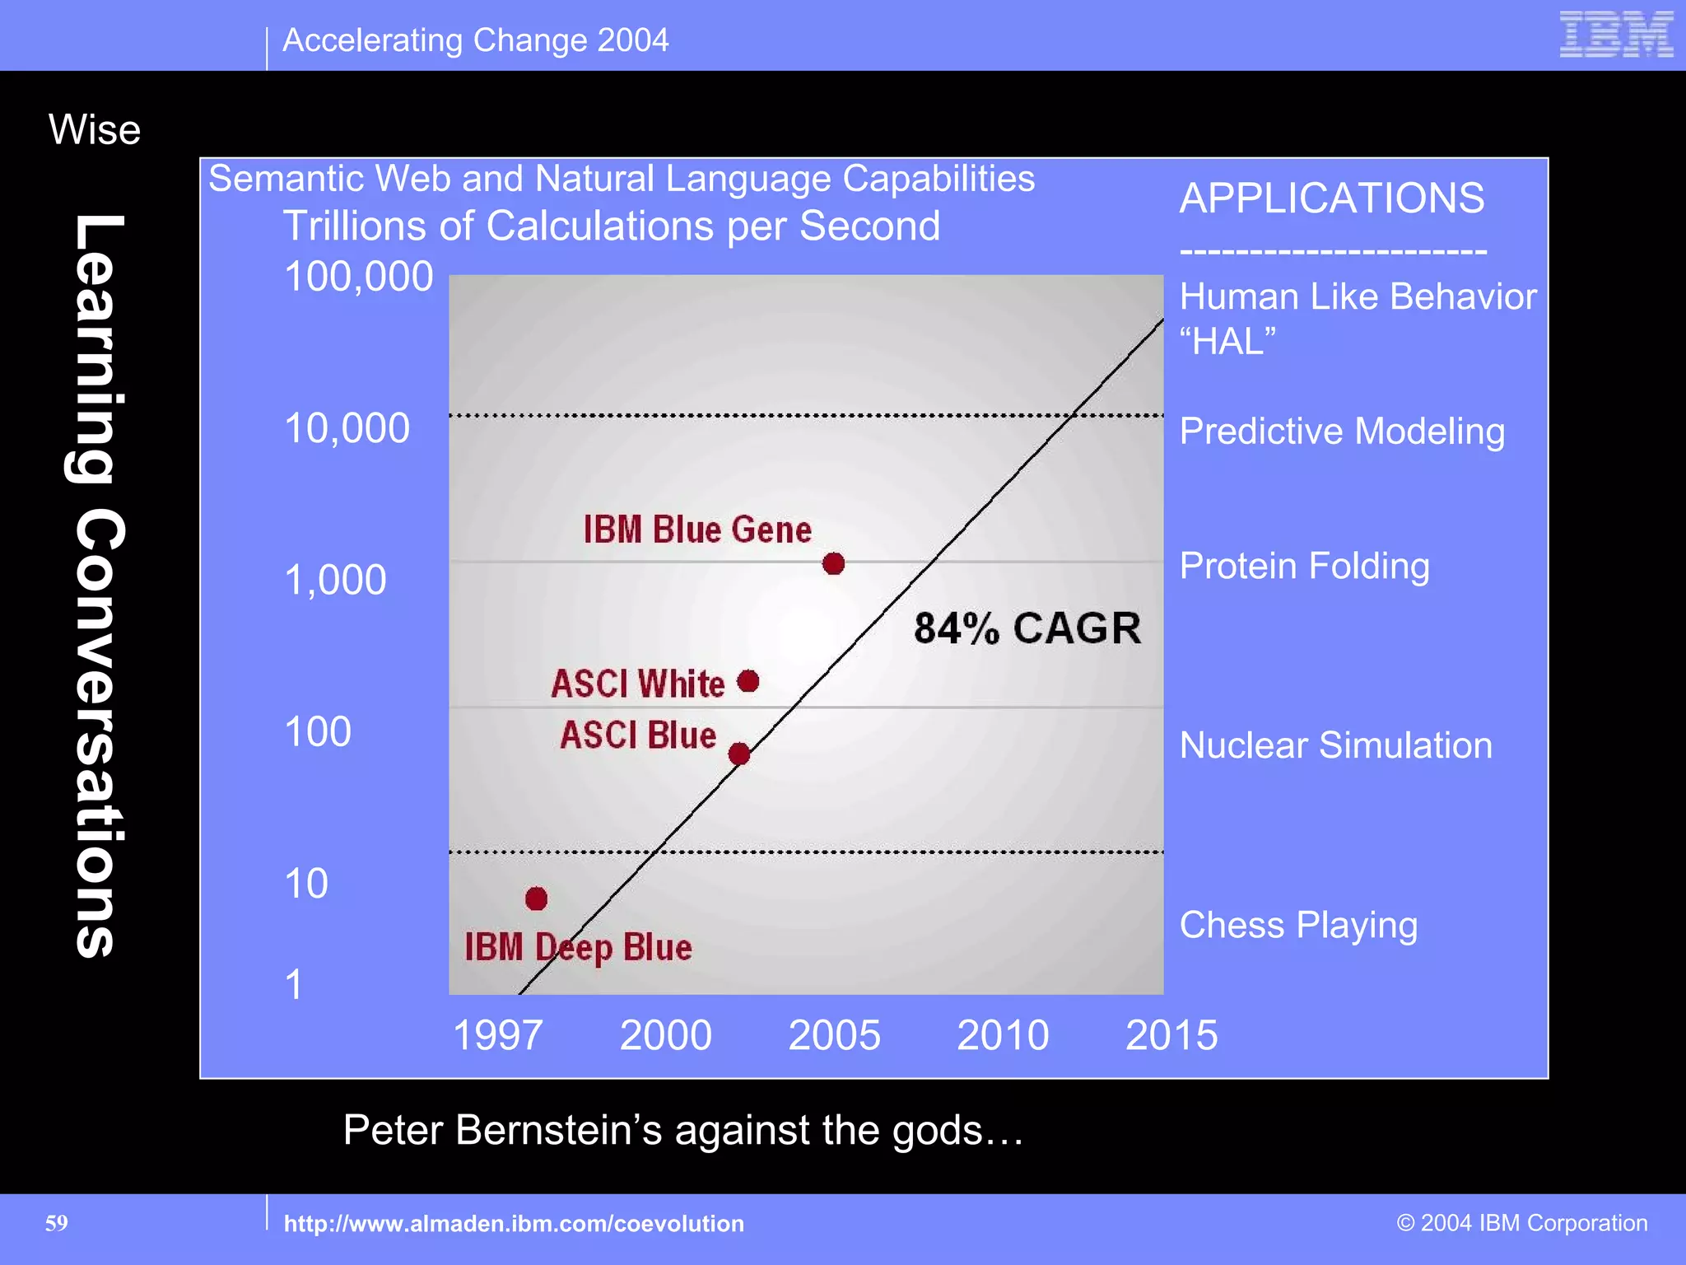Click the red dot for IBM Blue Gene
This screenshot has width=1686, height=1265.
click(x=833, y=563)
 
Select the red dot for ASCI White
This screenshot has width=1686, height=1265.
click(x=748, y=681)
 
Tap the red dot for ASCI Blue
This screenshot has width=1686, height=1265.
click(x=739, y=754)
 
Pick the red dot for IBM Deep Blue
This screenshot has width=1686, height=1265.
click(x=536, y=899)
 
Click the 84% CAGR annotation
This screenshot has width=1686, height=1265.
click(x=1027, y=628)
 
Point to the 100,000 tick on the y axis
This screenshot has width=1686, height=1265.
click(x=358, y=277)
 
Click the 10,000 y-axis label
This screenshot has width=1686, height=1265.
click(x=347, y=428)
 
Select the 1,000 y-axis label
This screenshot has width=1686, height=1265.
click(x=335, y=580)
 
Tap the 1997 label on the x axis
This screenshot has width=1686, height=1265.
click(x=497, y=1035)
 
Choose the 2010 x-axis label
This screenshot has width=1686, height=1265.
click(x=1003, y=1035)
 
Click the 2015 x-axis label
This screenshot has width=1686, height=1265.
click(x=1171, y=1035)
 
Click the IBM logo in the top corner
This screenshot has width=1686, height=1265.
click(x=1616, y=35)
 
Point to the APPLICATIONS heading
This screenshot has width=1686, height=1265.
click(x=1331, y=198)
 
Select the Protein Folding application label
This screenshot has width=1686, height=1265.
click(x=1304, y=566)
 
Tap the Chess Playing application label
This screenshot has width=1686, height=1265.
click(x=1298, y=925)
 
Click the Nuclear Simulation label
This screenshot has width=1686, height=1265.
click(x=1335, y=745)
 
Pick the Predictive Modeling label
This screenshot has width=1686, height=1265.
click(x=1342, y=432)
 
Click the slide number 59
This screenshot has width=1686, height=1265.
click(x=57, y=1223)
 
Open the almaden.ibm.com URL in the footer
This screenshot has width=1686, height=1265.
click(x=514, y=1224)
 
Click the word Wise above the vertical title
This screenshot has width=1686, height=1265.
click(x=95, y=130)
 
